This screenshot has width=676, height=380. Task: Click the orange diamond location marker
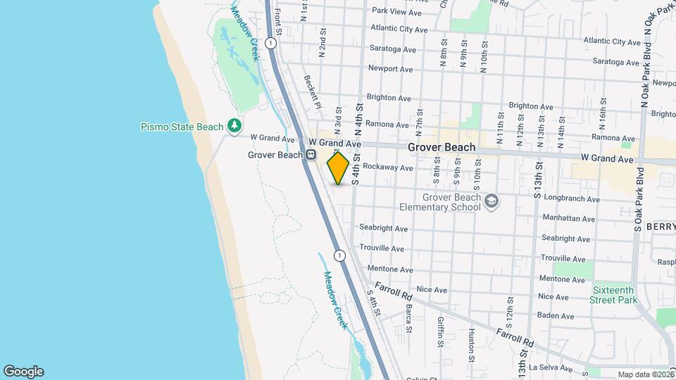[338, 168]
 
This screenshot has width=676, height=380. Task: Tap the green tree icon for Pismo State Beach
[234, 126]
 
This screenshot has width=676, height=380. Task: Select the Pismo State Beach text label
[182, 127]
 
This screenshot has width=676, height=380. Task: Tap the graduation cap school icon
[492, 202]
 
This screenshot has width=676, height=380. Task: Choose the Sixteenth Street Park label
[614, 295]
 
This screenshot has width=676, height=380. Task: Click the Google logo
[23, 372]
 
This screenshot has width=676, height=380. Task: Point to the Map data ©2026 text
[644, 374]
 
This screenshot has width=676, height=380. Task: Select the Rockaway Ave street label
[388, 168]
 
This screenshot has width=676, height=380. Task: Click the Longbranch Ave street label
[566, 198]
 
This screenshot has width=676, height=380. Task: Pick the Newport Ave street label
[390, 69]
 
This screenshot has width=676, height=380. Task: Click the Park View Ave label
[396, 12]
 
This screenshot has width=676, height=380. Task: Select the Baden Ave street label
[556, 315]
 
